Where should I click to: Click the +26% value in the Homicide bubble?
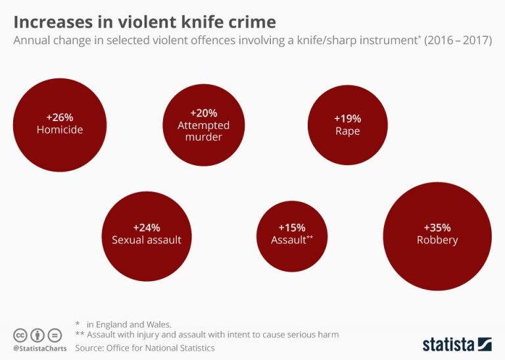pos(60,117)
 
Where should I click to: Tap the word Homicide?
pos(60,130)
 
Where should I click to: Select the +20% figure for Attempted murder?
pos(203,113)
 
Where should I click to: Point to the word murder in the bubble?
pos(203,137)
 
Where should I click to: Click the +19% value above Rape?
pos(347,118)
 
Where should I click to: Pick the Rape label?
pos(347,131)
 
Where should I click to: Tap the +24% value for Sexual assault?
pos(147,227)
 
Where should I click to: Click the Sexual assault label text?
pos(147,240)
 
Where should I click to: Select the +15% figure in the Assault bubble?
pos(291,227)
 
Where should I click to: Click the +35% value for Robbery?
pos(437,227)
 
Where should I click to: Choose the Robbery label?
pos(437,240)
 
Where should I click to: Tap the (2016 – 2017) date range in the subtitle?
pos(459,40)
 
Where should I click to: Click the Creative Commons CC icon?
pos(20,334)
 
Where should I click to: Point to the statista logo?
pos(457,344)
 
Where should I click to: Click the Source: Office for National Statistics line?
pos(145,347)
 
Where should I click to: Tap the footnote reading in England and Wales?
pos(129,324)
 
